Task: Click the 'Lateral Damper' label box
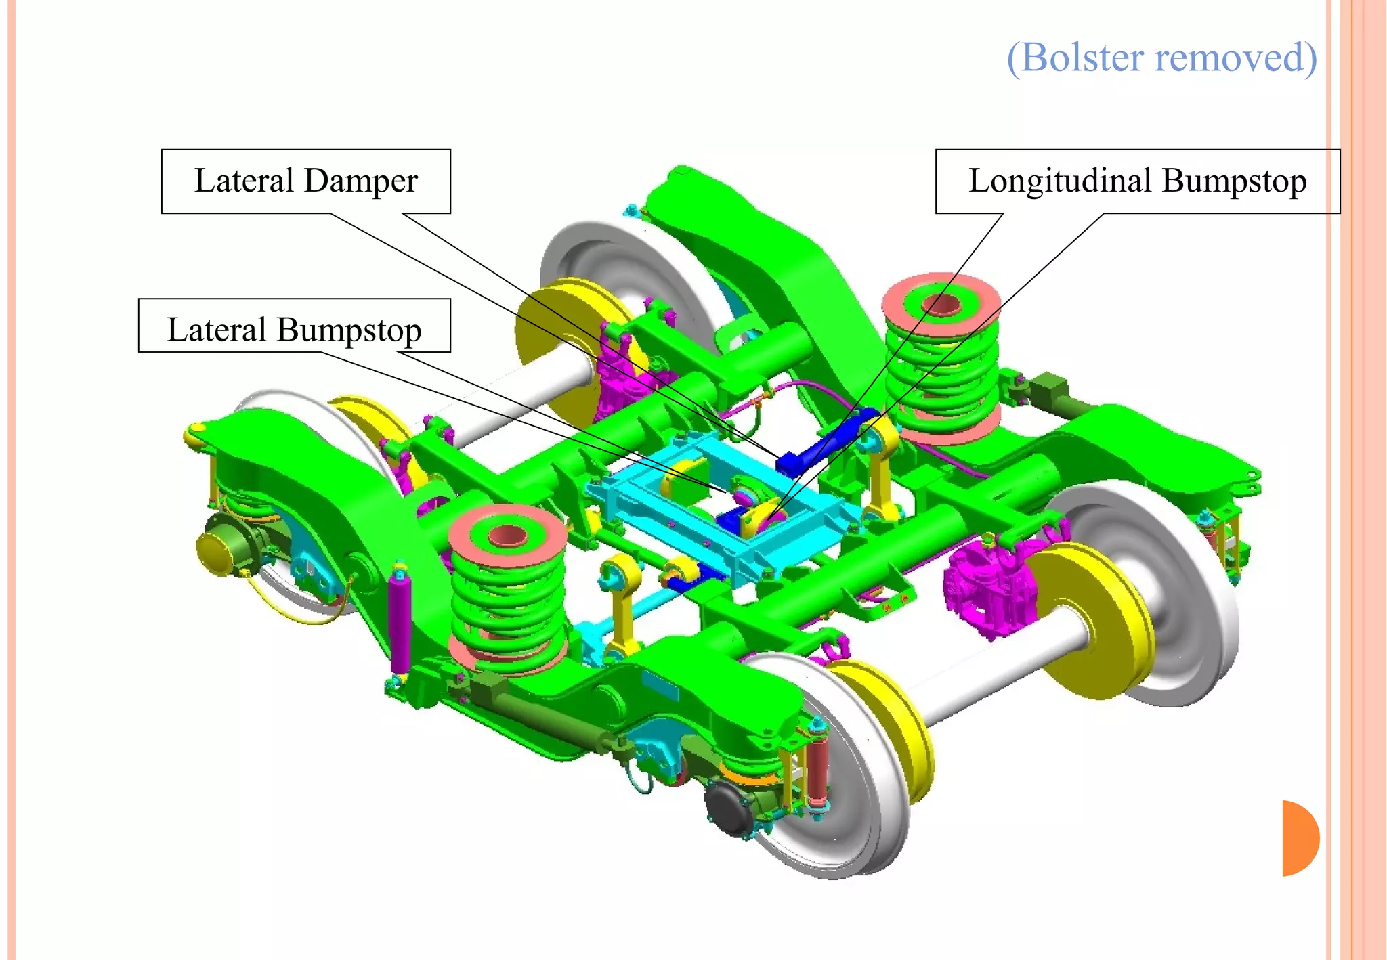305,181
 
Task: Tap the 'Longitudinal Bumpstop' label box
1137,181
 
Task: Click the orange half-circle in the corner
1299,838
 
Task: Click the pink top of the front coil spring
507,536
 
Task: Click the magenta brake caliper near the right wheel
985,589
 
